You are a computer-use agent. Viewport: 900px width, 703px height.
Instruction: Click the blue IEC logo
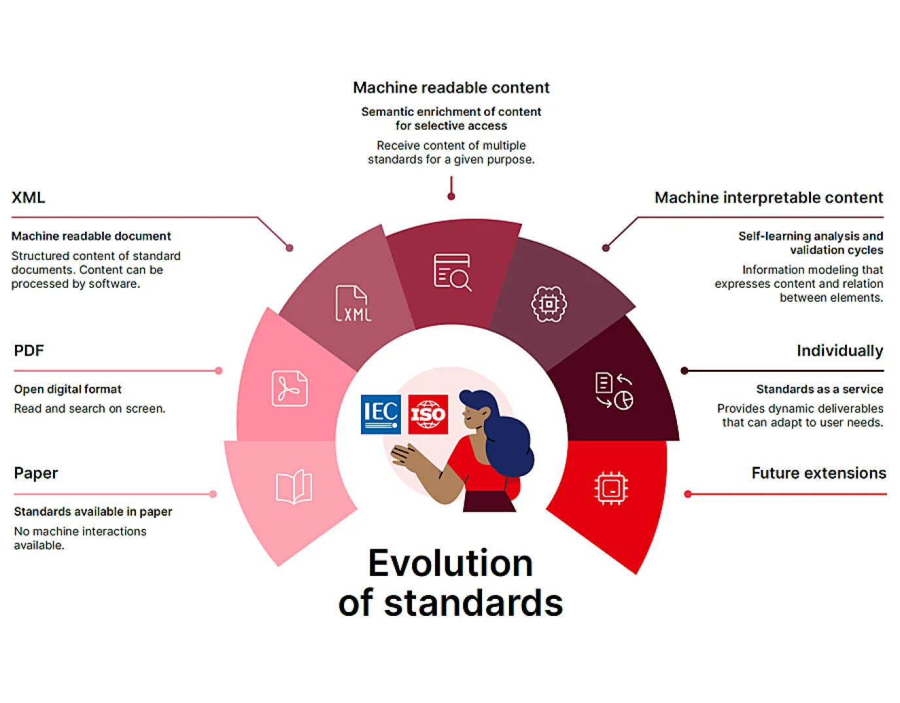(x=381, y=414)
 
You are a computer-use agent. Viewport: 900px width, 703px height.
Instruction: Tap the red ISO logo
(x=428, y=414)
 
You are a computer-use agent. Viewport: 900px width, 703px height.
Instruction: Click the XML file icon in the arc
(x=353, y=303)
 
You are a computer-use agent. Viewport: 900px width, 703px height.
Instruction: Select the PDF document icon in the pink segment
(x=290, y=388)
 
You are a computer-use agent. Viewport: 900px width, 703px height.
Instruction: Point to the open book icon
(x=294, y=486)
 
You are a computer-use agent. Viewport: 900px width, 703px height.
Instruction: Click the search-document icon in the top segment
(x=452, y=272)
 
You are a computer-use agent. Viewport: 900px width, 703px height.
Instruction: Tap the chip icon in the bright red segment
(x=610, y=488)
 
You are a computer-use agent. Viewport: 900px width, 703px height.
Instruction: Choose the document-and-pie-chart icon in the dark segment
(x=614, y=391)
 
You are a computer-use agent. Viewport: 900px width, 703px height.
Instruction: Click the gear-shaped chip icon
(x=549, y=304)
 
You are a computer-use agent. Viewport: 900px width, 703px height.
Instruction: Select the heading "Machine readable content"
(x=451, y=88)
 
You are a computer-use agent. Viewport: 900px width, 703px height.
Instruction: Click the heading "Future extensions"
(x=818, y=473)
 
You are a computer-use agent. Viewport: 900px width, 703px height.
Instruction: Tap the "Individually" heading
(x=840, y=351)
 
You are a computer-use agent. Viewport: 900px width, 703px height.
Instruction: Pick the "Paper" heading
(x=36, y=473)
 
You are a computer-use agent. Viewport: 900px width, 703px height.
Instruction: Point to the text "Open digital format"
(x=67, y=389)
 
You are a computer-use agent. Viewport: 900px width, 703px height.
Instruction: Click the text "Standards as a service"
(x=820, y=389)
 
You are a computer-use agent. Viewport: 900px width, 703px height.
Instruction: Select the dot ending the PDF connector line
(x=218, y=370)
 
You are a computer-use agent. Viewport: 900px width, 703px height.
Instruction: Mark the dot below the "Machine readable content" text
(x=451, y=196)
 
